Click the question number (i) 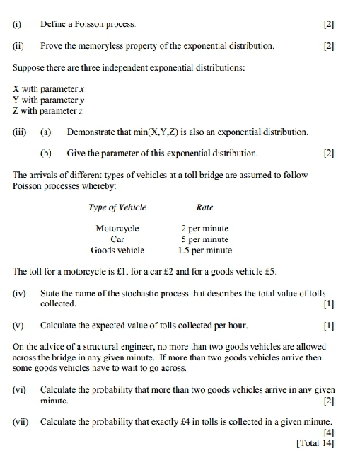pos(17,24)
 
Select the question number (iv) pos(20,292)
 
